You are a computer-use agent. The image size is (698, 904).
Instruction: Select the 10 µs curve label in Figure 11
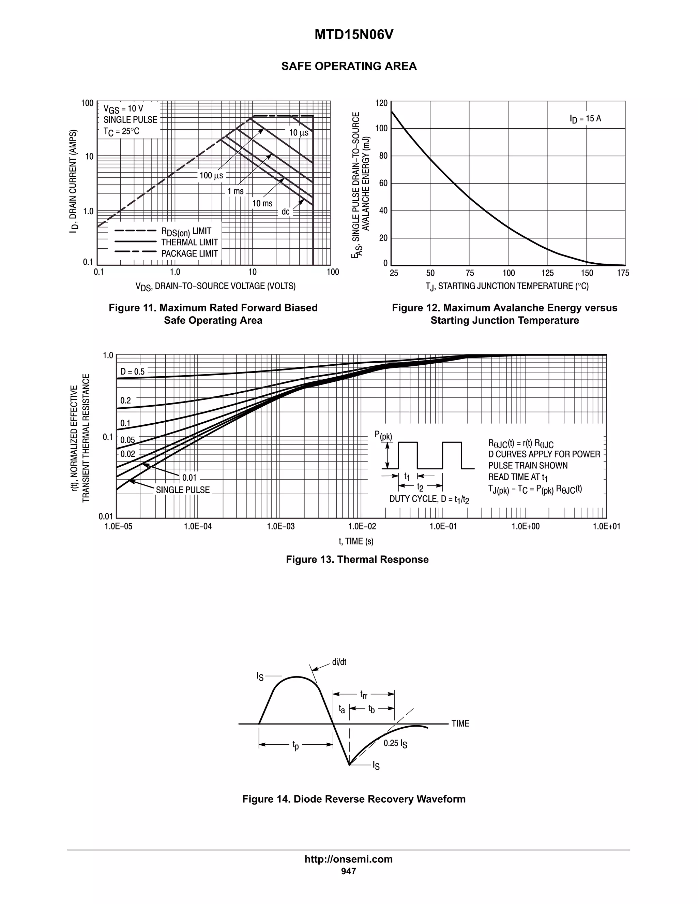(x=299, y=133)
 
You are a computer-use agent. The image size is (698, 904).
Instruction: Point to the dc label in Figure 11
(x=285, y=212)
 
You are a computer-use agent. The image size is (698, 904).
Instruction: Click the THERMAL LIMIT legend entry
(x=189, y=242)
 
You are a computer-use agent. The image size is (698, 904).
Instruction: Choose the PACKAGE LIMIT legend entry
(x=189, y=253)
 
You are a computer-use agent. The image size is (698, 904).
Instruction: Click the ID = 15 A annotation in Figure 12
(x=585, y=119)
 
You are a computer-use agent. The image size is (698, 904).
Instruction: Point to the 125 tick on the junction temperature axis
(x=547, y=273)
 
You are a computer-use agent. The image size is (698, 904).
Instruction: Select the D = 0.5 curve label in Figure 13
(x=132, y=372)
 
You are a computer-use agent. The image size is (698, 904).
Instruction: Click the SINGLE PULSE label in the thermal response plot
(x=183, y=490)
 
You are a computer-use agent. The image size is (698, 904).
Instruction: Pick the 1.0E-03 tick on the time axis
(x=281, y=526)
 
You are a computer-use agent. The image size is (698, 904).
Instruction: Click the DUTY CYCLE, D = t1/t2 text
(x=429, y=499)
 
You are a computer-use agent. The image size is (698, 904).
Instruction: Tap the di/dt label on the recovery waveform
(x=339, y=662)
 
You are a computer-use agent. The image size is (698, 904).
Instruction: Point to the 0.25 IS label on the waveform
(x=395, y=743)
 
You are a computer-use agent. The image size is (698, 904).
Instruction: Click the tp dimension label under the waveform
(x=295, y=745)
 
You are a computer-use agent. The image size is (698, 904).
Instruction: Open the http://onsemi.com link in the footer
(x=349, y=859)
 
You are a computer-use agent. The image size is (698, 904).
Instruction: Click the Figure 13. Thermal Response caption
(x=357, y=559)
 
